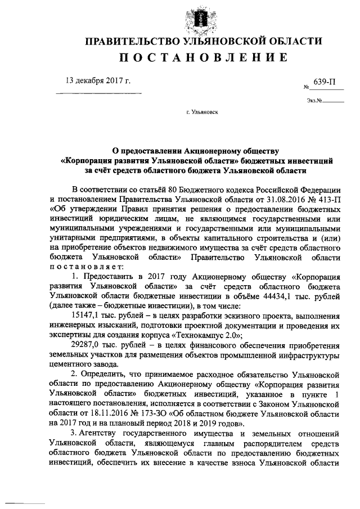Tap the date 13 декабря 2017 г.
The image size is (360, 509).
pos(98,81)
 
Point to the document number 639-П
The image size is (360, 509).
pos(325,82)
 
